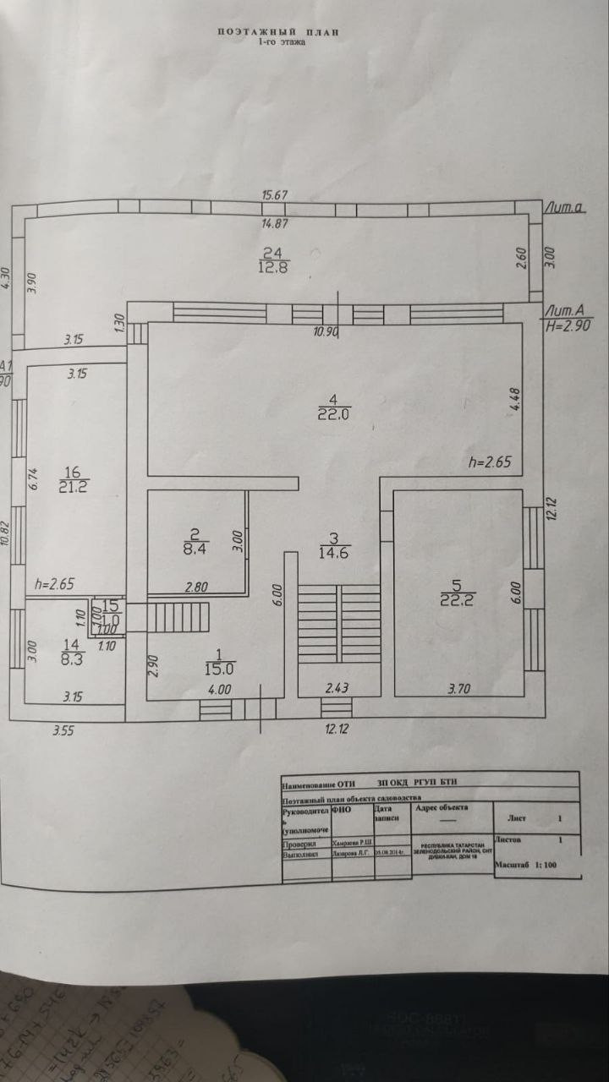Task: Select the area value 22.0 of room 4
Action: (334, 414)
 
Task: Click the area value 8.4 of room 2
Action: (195, 548)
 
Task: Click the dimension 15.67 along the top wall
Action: (275, 195)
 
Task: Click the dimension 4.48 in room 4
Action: (513, 399)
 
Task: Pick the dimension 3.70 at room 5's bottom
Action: (458, 690)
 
